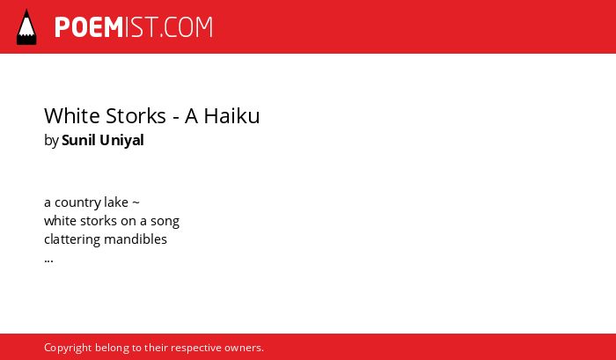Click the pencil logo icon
[26, 26]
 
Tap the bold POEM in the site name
[89, 27]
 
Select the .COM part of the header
[187, 27]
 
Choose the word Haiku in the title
[231, 116]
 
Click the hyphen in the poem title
[176, 118]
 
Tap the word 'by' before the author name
[51, 141]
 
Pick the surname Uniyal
[121, 141]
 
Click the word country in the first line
[77, 202]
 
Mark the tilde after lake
[136, 202]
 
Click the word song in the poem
[165, 222]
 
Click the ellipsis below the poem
[48, 261]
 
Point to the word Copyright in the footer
[68, 349]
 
